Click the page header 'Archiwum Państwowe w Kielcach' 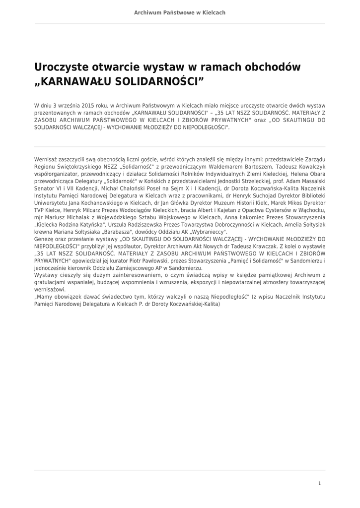[180, 12]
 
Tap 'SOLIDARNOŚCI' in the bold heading [157, 81]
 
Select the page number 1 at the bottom [319, 483]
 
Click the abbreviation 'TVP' [39, 210]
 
